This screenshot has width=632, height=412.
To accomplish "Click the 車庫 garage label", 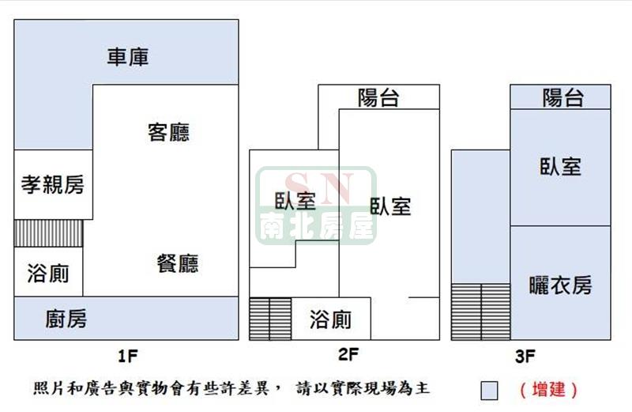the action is [x=128, y=57].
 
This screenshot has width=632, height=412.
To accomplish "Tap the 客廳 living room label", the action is [x=168, y=132].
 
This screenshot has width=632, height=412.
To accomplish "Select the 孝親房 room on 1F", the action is [x=53, y=184].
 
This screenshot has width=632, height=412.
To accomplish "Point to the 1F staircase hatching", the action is [x=48, y=233].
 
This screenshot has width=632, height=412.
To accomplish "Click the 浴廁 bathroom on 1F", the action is [x=48, y=271].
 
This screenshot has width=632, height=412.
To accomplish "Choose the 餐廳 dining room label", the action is [x=177, y=263].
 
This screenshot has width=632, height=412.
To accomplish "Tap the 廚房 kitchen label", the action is [x=66, y=319].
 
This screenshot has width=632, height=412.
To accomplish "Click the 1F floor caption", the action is [x=128, y=356].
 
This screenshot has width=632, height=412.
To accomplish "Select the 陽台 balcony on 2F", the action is [x=378, y=97].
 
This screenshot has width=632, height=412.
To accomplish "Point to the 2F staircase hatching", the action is [x=270, y=319].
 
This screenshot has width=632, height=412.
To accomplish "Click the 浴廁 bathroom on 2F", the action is [x=330, y=319].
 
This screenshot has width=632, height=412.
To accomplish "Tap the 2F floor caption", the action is [x=348, y=354].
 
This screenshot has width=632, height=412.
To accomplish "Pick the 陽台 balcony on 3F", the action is [x=561, y=96].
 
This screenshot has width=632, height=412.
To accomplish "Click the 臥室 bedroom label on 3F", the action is [x=560, y=166].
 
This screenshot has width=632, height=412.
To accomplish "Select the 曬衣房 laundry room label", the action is [x=560, y=285].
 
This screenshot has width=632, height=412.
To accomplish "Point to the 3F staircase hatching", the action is [x=481, y=312].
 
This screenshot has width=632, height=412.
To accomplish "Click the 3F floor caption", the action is [x=525, y=356].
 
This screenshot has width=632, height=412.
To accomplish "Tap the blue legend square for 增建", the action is [x=489, y=391].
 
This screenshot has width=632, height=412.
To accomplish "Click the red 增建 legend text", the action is [x=548, y=390].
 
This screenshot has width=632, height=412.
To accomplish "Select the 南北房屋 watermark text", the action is [x=317, y=226].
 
